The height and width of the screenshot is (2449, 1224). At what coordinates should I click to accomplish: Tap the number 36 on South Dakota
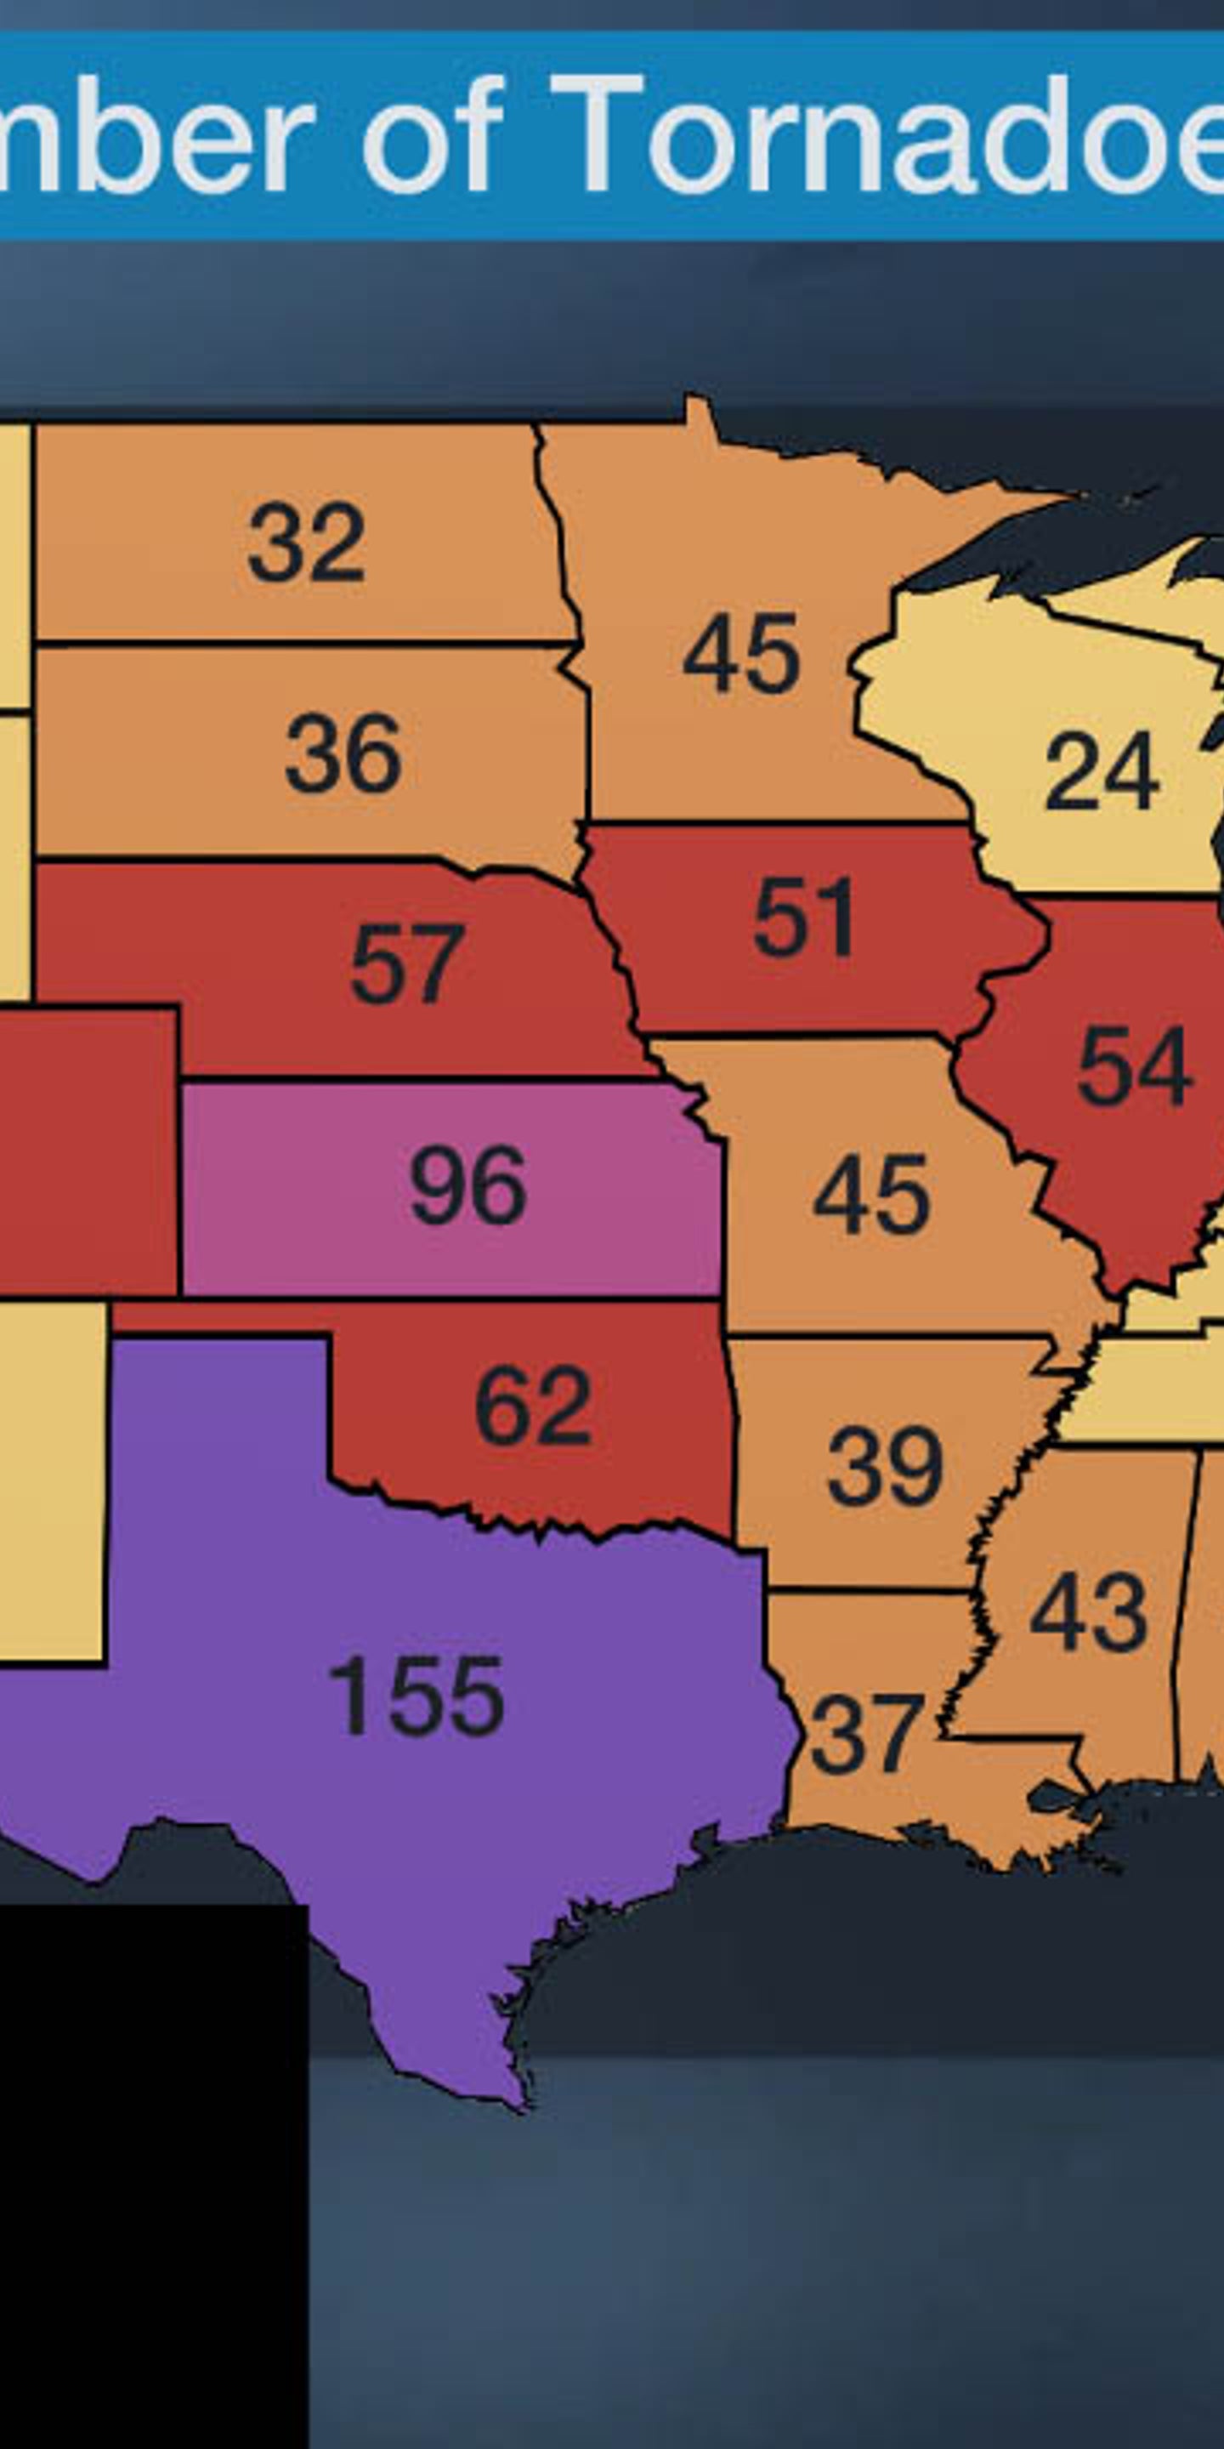[343, 754]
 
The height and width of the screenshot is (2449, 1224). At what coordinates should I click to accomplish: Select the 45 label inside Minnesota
[741, 654]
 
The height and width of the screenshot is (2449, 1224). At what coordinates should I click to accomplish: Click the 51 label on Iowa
[804, 918]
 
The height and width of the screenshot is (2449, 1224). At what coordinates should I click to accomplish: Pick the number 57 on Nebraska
[407, 964]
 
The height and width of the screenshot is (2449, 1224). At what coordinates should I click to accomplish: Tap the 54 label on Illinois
[1134, 1065]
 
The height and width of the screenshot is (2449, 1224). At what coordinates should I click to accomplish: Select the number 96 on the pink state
[467, 1185]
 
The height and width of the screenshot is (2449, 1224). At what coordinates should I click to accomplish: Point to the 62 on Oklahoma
[533, 1404]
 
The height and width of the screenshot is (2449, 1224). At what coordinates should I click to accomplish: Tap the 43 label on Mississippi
[1088, 1612]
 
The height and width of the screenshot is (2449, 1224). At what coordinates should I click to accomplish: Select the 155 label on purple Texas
[416, 1697]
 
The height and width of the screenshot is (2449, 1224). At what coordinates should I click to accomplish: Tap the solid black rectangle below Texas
[152, 2177]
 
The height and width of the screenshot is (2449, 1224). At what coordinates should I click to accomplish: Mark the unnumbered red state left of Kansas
[86, 1151]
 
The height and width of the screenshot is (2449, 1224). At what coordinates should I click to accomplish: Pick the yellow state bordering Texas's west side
[52, 1483]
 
